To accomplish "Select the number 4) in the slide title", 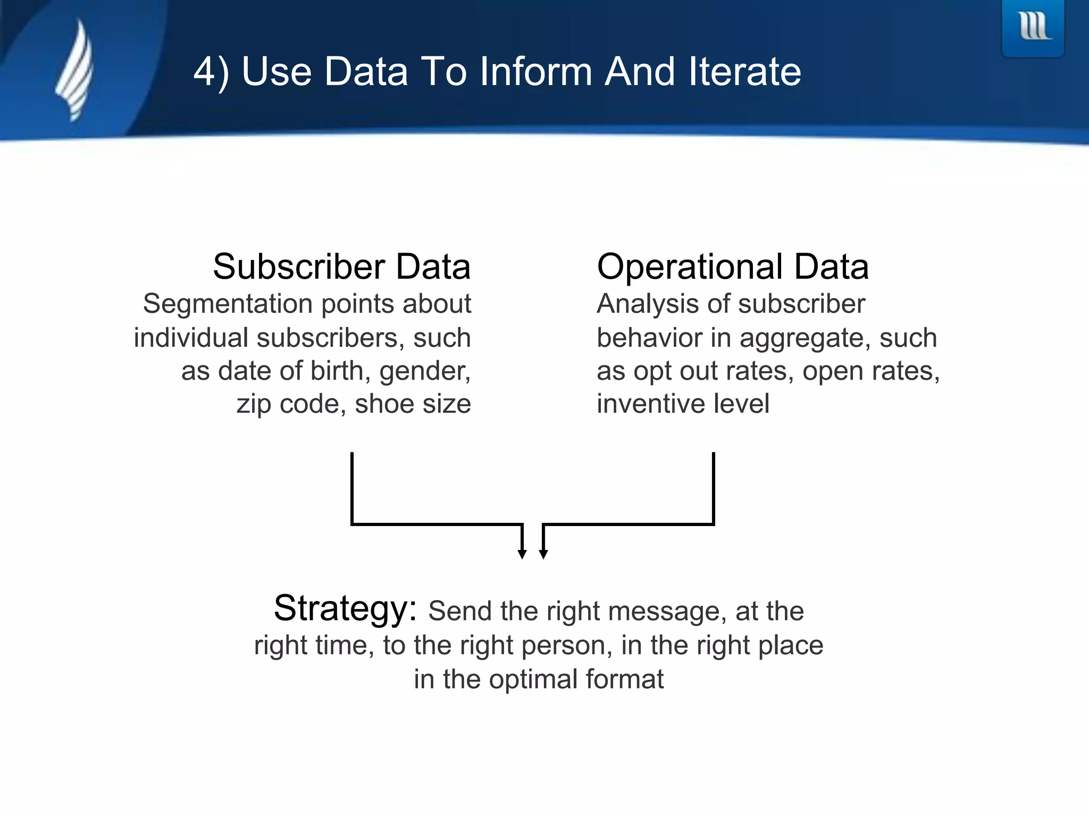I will (x=211, y=72).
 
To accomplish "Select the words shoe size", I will (x=413, y=404).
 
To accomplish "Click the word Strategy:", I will (x=345, y=608).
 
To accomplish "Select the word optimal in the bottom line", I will (x=533, y=680).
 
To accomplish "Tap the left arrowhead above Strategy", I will (x=522, y=554).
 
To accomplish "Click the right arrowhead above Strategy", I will (x=543, y=554).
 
